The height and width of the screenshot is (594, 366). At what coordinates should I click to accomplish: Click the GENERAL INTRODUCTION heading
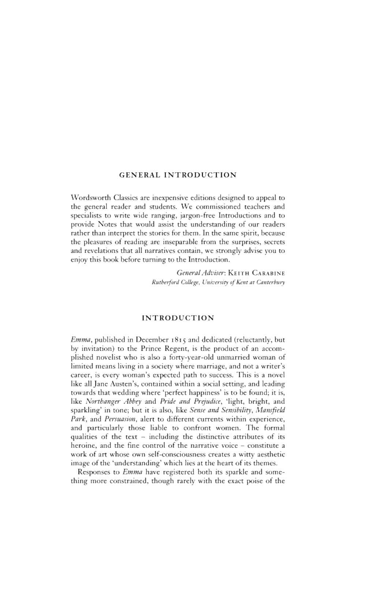(x=178, y=175)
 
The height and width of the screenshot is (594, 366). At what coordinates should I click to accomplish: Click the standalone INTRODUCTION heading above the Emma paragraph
(x=178, y=318)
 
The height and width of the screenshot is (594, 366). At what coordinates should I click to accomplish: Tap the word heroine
(x=82, y=445)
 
